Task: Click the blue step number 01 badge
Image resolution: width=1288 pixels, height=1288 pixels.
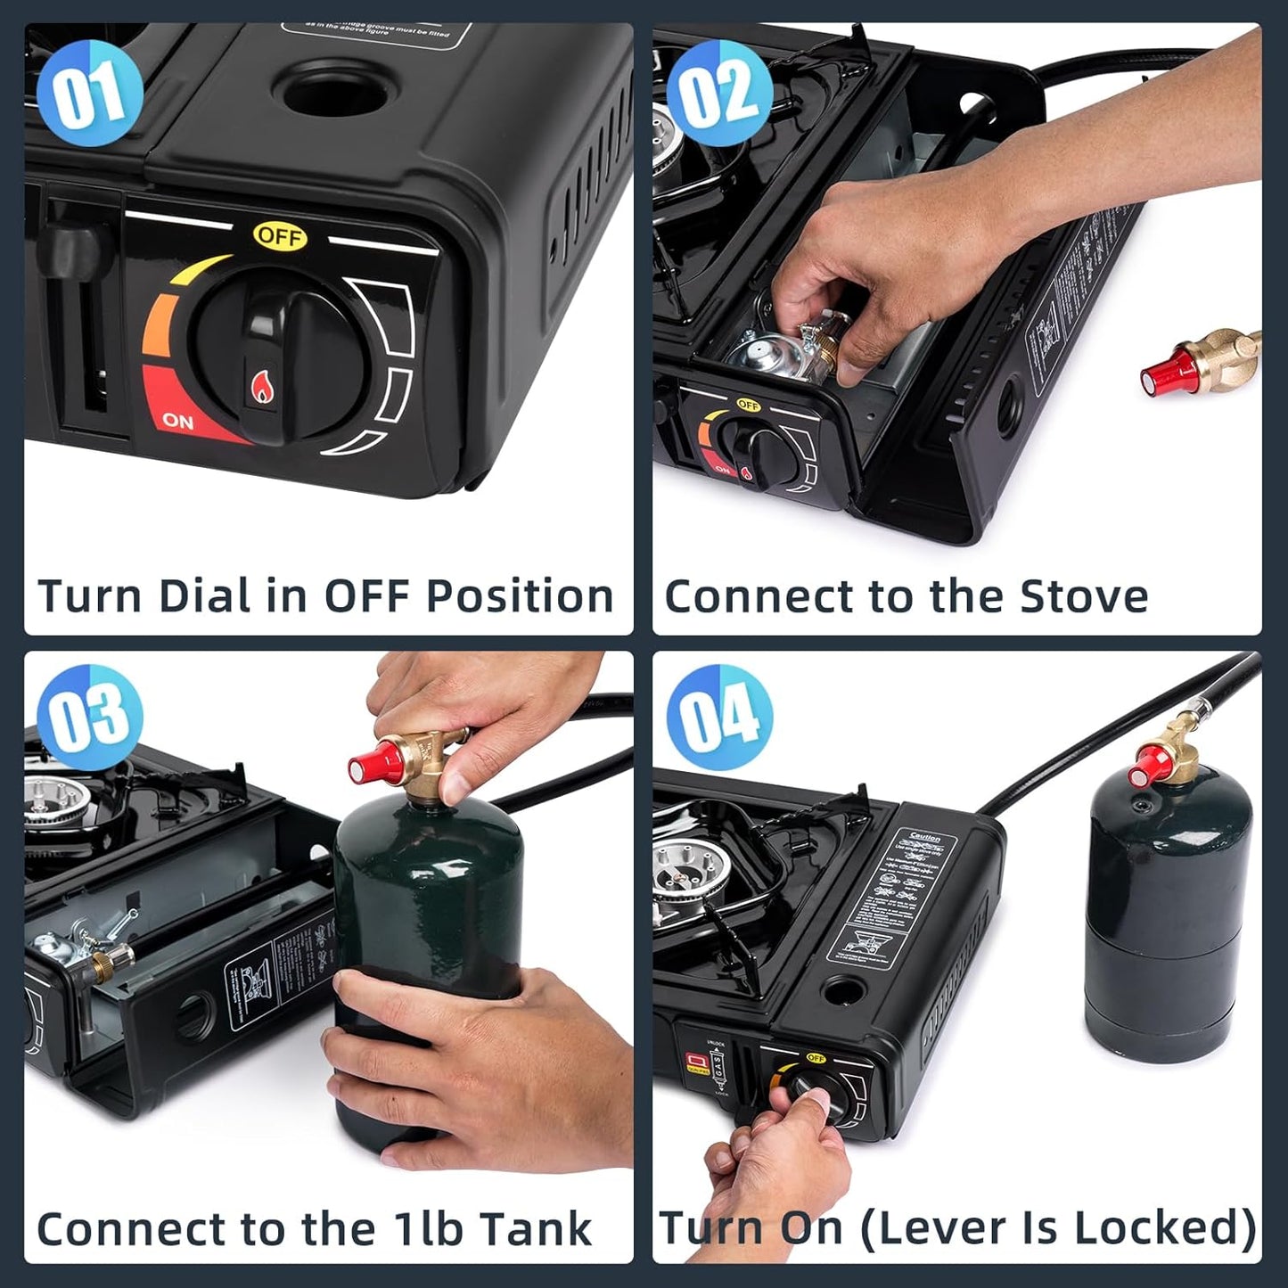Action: point(89,93)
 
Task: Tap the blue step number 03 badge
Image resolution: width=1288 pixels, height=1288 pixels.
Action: point(89,717)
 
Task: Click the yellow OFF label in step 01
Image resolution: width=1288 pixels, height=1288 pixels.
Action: point(280,236)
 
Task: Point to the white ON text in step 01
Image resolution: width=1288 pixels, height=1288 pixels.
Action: point(178,420)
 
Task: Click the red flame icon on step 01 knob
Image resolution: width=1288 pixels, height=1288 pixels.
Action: point(263,385)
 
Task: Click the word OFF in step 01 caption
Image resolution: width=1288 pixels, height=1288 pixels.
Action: point(368,596)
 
